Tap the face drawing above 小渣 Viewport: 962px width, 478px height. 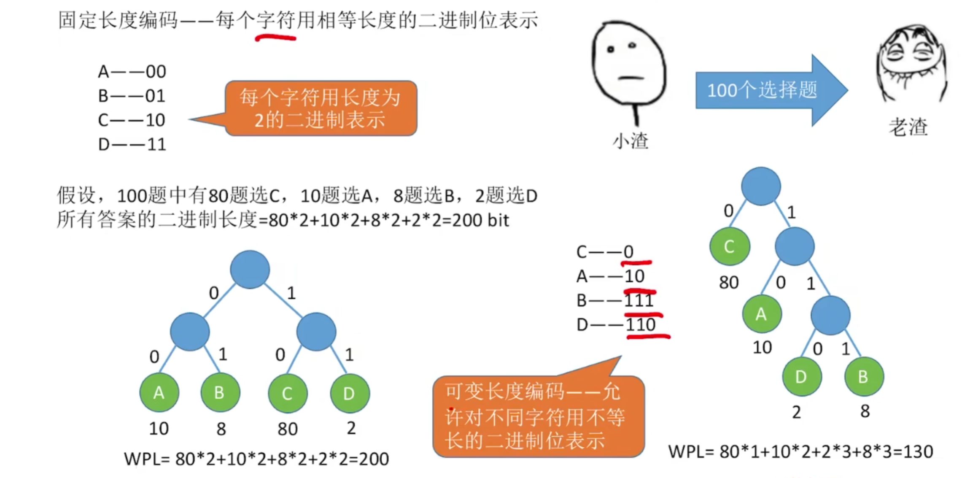[628, 63]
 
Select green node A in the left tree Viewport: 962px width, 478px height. [159, 392]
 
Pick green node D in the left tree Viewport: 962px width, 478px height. [350, 393]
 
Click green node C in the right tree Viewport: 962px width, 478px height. [730, 246]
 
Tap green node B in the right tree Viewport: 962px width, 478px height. [864, 376]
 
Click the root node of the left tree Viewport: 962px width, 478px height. [250, 269]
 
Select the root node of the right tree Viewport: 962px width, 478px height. [761, 186]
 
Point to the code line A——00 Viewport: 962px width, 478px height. [132, 72]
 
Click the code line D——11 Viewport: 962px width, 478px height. [132, 145]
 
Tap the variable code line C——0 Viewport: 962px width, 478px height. [605, 252]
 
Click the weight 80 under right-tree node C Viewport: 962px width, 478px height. [729, 283]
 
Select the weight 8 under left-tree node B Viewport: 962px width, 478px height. [221, 429]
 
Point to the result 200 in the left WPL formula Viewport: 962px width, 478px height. [374, 459]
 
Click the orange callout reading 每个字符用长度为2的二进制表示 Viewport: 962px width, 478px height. [321, 108]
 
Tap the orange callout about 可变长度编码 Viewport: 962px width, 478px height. [538, 416]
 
